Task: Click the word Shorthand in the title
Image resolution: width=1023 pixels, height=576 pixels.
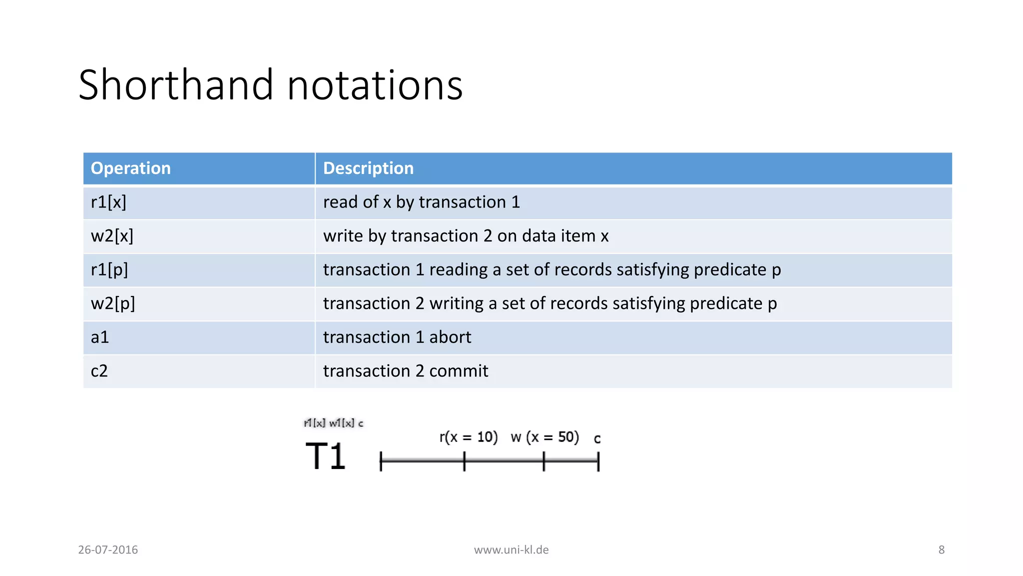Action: (x=176, y=85)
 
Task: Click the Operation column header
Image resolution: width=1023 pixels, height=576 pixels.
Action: (x=130, y=168)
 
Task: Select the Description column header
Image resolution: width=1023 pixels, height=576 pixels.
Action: (x=368, y=168)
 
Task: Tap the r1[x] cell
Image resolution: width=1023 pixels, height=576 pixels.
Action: (x=108, y=202)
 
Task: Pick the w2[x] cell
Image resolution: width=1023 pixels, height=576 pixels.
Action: (x=112, y=236)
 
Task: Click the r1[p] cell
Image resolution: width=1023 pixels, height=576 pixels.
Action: (x=109, y=270)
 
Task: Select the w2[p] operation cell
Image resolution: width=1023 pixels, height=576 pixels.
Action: (x=113, y=303)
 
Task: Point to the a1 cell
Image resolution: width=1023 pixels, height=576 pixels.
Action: (x=100, y=337)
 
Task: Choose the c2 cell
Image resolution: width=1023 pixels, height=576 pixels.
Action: (x=99, y=371)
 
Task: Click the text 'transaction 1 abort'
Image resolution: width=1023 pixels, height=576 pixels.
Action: (x=397, y=337)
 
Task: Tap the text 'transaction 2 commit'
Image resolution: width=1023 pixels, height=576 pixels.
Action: (x=405, y=371)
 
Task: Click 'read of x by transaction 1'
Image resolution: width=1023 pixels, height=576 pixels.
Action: (x=421, y=202)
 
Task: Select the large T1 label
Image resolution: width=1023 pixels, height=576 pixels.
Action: (x=325, y=456)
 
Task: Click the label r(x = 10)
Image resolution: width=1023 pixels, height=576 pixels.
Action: (x=468, y=437)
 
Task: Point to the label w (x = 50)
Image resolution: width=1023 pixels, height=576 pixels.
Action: (x=544, y=437)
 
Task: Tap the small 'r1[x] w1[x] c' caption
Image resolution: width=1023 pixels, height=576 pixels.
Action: (x=333, y=423)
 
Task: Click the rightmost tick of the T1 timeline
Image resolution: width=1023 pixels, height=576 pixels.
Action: (x=598, y=461)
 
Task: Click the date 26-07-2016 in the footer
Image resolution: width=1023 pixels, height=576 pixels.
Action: (x=108, y=550)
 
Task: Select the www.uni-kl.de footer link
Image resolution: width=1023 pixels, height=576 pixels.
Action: (x=511, y=550)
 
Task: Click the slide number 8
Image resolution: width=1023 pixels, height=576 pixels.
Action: (x=941, y=550)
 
